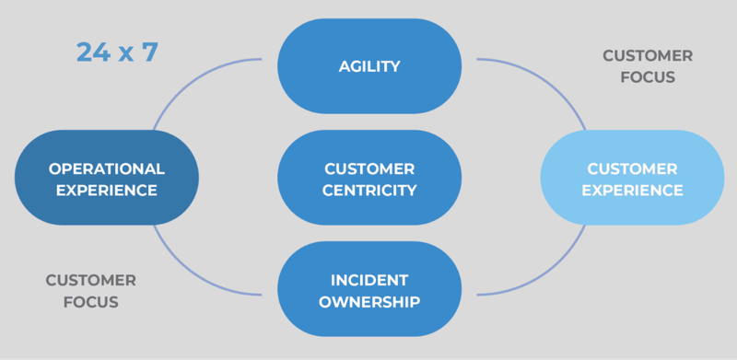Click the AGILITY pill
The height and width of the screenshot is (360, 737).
368,65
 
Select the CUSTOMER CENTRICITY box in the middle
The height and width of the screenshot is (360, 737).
368,180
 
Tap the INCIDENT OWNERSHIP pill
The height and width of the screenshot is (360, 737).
368,289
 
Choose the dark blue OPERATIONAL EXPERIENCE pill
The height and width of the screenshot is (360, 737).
107,179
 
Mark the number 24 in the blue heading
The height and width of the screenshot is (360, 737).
89,52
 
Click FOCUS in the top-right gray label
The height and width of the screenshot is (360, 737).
648,77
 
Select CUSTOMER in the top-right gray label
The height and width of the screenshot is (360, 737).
648,56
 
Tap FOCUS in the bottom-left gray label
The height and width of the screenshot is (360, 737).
90,301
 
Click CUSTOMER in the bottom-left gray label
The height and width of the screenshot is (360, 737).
90,280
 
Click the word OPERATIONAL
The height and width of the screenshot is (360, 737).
107,168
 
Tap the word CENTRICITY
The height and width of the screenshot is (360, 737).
369,191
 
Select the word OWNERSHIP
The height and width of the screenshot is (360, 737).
369,301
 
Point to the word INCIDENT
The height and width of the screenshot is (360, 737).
369,279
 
